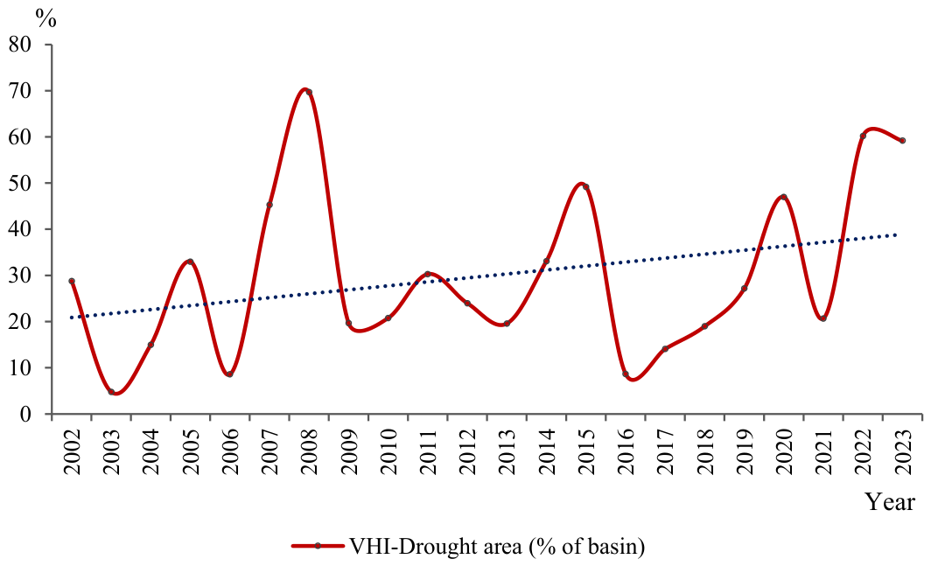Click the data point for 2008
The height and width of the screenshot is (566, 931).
tap(309, 92)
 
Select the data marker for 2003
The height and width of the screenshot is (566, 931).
tap(111, 392)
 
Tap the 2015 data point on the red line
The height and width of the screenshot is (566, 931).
tap(585, 187)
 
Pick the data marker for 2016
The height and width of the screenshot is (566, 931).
tap(626, 374)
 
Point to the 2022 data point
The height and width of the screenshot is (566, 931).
tap(863, 136)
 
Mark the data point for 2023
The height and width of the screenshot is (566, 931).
tap(902, 141)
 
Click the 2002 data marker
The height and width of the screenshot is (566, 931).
tap(72, 281)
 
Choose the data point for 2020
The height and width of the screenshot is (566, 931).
tap(784, 197)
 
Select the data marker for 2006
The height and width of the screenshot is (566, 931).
tap(230, 374)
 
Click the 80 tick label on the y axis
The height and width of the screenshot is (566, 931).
tap(22, 45)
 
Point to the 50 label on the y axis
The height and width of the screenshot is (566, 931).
tap(22, 183)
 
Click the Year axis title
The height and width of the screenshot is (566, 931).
tap(889, 502)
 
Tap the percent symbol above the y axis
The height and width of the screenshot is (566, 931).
tap(45, 19)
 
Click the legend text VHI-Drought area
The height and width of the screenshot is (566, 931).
tap(435, 546)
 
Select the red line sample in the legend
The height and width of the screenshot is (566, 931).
tap(318, 546)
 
